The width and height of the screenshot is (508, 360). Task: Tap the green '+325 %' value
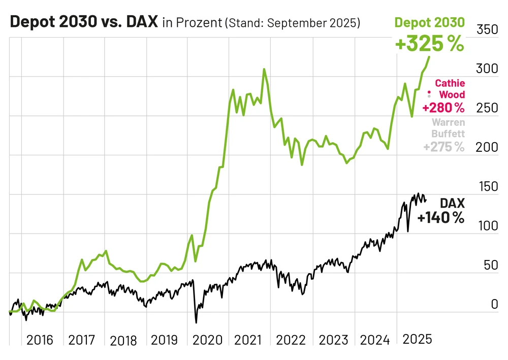(x=429, y=44)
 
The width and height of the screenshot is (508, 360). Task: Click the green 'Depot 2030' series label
(x=429, y=22)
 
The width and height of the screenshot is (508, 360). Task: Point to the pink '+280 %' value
(x=443, y=108)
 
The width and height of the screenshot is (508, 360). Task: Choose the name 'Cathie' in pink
(x=450, y=83)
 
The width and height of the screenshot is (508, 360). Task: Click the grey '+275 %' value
(x=443, y=147)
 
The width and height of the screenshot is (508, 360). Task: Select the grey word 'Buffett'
(x=448, y=135)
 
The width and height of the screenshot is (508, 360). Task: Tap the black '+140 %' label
(x=440, y=218)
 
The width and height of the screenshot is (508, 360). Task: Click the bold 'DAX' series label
(x=452, y=204)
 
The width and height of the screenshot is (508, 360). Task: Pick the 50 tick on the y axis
(x=489, y=265)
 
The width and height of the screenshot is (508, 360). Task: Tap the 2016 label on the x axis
(x=40, y=340)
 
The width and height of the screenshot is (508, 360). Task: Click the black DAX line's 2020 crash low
(x=196, y=322)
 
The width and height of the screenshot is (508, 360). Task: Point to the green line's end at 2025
(x=429, y=57)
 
